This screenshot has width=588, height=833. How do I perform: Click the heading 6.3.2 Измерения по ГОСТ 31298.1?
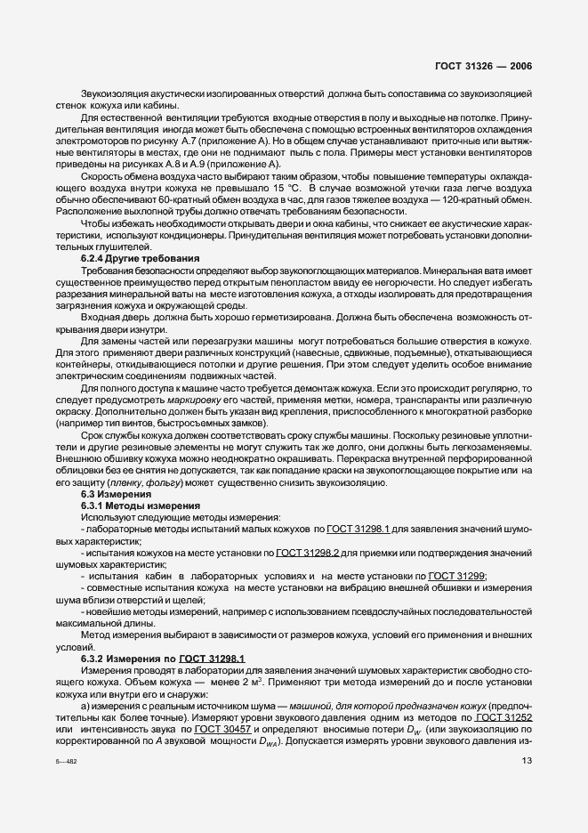(x=147, y=657)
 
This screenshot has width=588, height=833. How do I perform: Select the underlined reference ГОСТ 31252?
(x=503, y=716)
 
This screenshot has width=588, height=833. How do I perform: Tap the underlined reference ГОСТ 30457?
(x=223, y=729)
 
